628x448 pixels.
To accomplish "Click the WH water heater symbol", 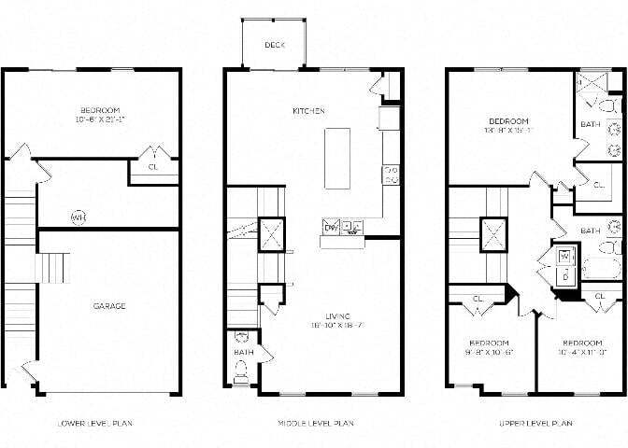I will (x=78, y=217).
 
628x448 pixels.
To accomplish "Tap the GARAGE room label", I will (x=109, y=305).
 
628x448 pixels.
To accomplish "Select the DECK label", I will (x=274, y=45).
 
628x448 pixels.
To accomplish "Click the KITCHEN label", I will (x=308, y=110).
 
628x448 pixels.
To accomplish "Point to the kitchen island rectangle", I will (x=337, y=159).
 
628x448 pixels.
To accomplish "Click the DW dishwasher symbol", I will (x=330, y=227).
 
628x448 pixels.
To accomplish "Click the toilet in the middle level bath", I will (x=241, y=369).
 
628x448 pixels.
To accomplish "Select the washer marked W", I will (x=565, y=256).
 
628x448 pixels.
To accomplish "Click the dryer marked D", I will (x=565, y=276).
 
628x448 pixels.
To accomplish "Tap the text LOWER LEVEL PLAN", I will (x=94, y=423).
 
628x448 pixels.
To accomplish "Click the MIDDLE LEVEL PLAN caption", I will (x=316, y=423).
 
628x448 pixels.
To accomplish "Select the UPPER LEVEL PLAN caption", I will (x=535, y=423).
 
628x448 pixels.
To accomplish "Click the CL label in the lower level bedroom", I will (x=153, y=167).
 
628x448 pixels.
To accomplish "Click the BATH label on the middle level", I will (x=241, y=352).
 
